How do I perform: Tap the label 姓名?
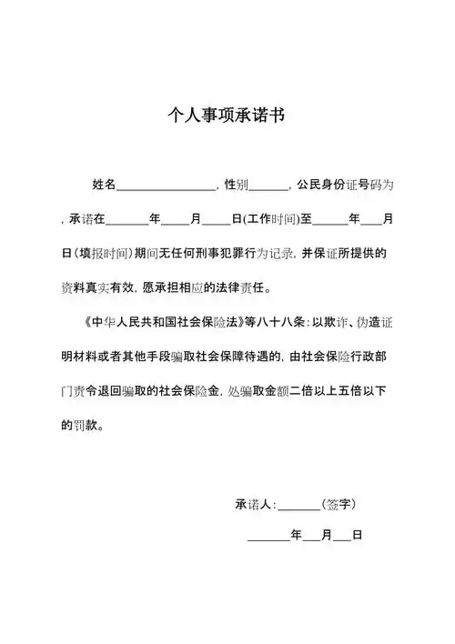coord(104,185)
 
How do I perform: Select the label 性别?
coord(236,185)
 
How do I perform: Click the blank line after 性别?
coord(268,186)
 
